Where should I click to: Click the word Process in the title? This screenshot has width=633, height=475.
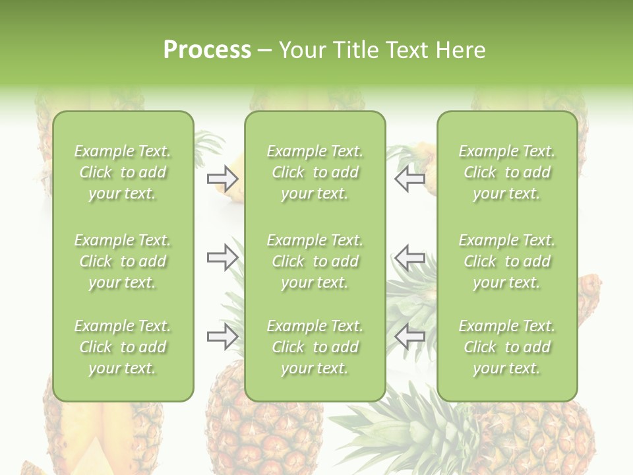(x=207, y=50)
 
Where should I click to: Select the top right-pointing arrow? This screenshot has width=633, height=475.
(x=222, y=179)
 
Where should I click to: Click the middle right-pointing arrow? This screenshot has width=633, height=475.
(x=222, y=257)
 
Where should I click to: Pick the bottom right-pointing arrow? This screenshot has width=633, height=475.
(x=222, y=336)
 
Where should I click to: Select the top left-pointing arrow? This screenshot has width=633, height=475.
(x=410, y=179)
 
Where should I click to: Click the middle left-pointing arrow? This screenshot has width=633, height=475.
(x=410, y=257)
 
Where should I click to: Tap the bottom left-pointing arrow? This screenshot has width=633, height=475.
(x=410, y=336)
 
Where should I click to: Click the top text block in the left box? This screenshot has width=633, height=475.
(x=123, y=172)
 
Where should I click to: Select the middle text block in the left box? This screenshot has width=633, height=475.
(x=123, y=261)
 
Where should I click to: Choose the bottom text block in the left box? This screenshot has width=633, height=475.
(x=123, y=347)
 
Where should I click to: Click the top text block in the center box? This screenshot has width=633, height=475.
(x=315, y=172)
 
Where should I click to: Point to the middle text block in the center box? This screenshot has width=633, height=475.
(x=315, y=261)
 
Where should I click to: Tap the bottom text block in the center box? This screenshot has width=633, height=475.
(x=315, y=347)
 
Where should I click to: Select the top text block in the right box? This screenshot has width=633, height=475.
(x=506, y=172)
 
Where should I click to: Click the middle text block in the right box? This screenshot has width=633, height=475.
(x=506, y=261)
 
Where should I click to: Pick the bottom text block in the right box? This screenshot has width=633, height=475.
(x=506, y=347)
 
